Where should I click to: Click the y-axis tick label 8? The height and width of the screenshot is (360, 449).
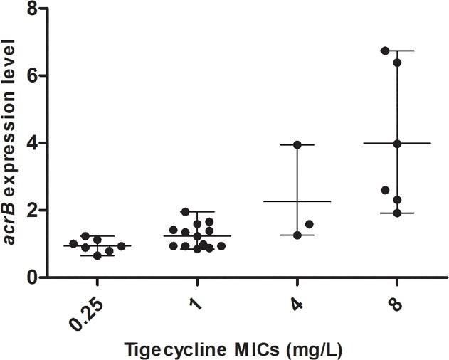point(31,9)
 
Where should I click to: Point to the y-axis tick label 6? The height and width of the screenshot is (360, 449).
point(31,76)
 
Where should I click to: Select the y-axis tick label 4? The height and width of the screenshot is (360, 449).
point(31,143)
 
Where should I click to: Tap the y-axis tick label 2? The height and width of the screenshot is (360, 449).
point(31,211)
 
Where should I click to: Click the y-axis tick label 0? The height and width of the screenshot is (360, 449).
point(31,277)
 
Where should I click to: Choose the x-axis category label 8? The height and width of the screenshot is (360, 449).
point(397,298)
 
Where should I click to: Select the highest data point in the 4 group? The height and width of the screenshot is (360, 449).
point(297,145)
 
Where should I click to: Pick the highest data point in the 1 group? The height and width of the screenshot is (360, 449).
point(184,212)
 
